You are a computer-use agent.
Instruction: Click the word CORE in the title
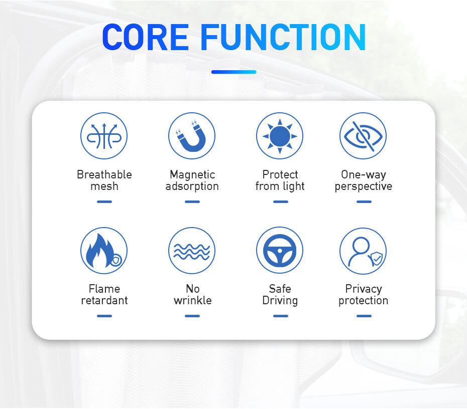pyautogui.click(x=145, y=37)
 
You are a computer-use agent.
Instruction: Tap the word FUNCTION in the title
pyautogui.click(x=283, y=37)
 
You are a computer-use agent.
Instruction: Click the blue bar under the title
pyautogui.click(x=234, y=72)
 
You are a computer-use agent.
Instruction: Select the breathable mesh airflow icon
pyautogui.click(x=104, y=136)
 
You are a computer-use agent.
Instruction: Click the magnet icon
pyautogui.click(x=192, y=136)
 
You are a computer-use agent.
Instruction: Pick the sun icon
pyautogui.click(x=280, y=136)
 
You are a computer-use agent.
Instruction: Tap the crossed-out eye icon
pyautogui.click(x=363, y=136)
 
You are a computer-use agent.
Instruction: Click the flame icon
pyautogui.click(x=104, y=251)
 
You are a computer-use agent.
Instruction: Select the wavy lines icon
pyautogui.click(x=192, y=251)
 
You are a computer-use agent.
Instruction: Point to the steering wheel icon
pyautogui.click(x=280, y=251)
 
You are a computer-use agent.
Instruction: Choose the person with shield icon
pyautogui.click(x=363, y=251)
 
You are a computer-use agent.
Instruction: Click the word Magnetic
pyautogui.click(x=192, y=175)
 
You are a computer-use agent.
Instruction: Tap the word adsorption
pyautogui.click(x=192, y=186)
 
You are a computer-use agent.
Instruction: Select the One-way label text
pyautogui.click(x=364, y=175)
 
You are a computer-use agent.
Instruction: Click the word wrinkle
pyautogui.click(x=193, y=300)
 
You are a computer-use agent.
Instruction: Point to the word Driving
pyautogui.click(x=280, y=301)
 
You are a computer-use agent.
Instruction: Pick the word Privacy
pyautogui.click(x=364, y=289)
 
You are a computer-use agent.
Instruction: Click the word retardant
pyautogui.click(x=104, y=301)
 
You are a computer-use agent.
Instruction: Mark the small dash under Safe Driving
pyautogui.click(x=281, y=316)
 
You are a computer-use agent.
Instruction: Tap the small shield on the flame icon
pyautogui.click(x=116, y=260)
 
